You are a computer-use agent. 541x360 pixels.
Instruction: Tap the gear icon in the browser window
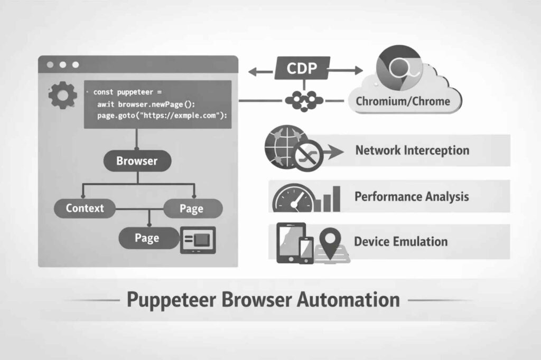tap(62, 96)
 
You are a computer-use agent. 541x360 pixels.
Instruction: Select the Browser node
tap(137, 161)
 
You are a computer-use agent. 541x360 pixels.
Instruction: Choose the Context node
tap(85, 208)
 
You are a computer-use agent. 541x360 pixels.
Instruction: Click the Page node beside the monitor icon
tap(147, 238)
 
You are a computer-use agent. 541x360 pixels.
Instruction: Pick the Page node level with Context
tap(191, 209)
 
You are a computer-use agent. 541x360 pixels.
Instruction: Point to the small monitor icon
tap(198, 240)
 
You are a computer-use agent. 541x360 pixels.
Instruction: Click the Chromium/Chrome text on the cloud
tap(403, 101)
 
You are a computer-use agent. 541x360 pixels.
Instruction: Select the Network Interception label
tap(412, 150)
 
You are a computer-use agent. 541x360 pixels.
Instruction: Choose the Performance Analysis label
tap(412, 196)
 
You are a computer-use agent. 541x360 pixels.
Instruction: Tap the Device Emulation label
tap(400, 242)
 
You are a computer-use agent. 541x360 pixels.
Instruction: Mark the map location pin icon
tap(332, 241)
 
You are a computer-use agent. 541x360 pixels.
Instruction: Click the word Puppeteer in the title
tap(170, 300)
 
